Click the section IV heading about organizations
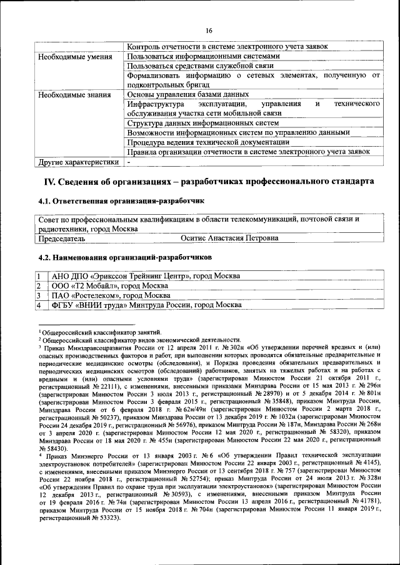click(x=209, y=181)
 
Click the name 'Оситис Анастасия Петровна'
click(x=229, y=238)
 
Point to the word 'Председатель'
click(x=61, y=238)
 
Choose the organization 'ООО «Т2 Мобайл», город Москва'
click(x=114, y=285)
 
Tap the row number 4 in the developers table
click(x=39, y=305)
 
